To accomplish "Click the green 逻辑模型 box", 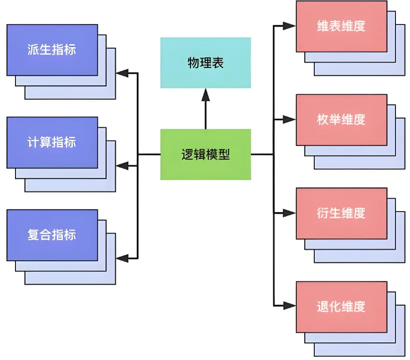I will click(206, 154).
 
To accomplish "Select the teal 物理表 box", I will click(206, 63).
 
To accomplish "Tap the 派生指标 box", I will click(52, 50).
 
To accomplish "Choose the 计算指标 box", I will click(52, 142).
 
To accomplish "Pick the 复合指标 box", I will click(52, 235).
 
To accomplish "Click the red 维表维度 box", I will click(341, 27).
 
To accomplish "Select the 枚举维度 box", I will click(341, 119).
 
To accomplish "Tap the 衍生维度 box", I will click(341, 213).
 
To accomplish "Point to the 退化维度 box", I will click(341, 306).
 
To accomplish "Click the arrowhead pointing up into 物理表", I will click(206, 94).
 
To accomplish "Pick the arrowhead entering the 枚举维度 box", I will click(290, 119).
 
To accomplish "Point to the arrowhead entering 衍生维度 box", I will click(290, 213).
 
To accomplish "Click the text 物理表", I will click(206, 63).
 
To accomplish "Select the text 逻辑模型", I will click(206, 154).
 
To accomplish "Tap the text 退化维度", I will click(341, 306).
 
